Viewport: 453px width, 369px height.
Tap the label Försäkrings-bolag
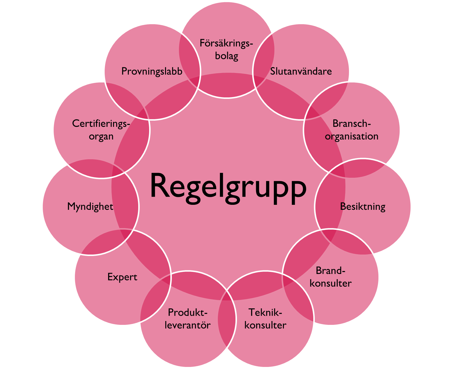[226, 49]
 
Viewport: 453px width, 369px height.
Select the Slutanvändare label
[301, 71]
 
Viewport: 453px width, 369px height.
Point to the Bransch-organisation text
[352, 130]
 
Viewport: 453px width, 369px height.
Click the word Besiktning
[363, 207]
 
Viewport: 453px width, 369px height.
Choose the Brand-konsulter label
[330, 277]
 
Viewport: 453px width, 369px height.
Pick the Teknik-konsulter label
[265, 319]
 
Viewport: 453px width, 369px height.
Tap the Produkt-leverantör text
[188, 319]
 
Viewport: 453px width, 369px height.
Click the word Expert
[122, 277]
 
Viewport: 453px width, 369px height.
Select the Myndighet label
[90, 207]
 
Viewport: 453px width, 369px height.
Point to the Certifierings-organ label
[101, 130]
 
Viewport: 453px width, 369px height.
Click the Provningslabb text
[152, 71]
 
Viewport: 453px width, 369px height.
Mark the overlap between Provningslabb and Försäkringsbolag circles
[190, 60]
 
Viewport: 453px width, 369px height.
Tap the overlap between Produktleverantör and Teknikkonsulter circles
[227, 319]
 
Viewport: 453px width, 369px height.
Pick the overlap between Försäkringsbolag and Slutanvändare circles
[264, 60]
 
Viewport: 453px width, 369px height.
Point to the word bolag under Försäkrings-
[226, 56]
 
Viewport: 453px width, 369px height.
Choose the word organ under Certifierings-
[101, 137]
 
